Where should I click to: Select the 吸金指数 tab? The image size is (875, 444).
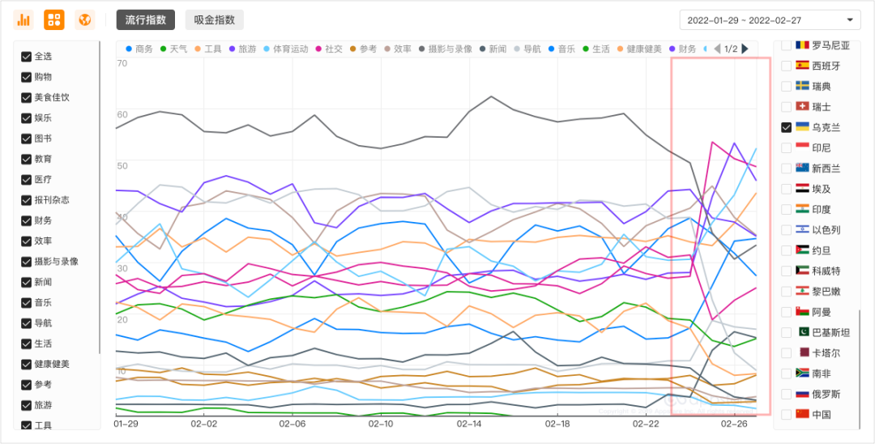click(214, 19)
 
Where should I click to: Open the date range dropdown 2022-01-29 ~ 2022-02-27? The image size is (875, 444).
click(770, 19)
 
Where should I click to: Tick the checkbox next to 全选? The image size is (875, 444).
click(26, 57)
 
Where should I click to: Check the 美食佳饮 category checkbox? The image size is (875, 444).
click(26, 97)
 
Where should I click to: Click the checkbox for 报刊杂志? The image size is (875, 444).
click(26, 200)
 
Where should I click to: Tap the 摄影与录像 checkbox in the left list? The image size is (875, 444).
click(26, 262)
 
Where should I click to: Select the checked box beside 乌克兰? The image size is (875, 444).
click(786, 127)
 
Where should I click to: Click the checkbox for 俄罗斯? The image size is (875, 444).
click(786, 394)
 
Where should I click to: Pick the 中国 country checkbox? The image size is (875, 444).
click(786, 414)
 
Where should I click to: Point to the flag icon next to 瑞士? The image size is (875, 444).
click(802, 107)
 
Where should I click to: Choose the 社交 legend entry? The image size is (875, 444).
click(329, 49)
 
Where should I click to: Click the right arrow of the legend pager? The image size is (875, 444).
click(745, 49)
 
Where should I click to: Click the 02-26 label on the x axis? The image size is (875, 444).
click(734, 423)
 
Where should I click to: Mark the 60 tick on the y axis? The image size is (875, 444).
click(122, 114)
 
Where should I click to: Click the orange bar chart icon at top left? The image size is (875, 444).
click(23, 19)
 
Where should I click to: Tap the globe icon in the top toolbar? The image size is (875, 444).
click(84, 19)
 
